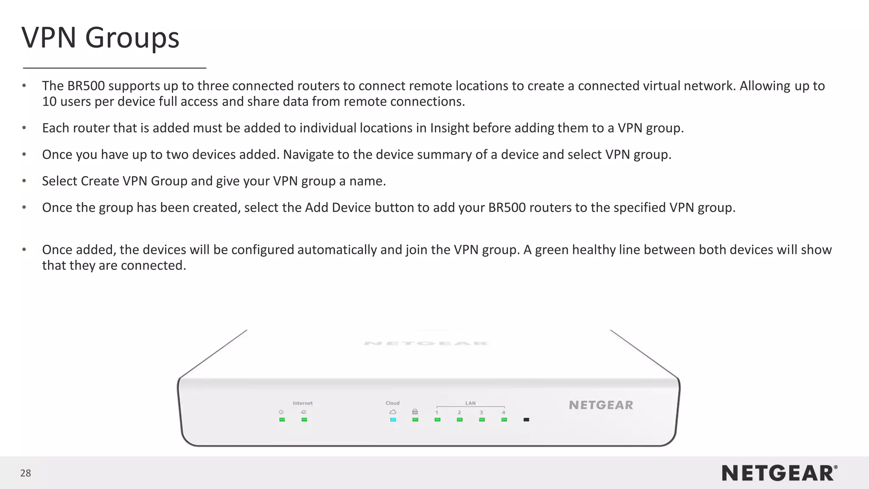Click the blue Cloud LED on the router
click(393, 420)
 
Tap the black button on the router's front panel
click(526, 420)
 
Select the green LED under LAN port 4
click(504, 420)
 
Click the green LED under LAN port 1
click(437, 420)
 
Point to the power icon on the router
click(281, 412)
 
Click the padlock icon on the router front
click(415, 412)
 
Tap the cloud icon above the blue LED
click(393, 412)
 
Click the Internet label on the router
click(303, 403)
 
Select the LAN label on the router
click(470, 403)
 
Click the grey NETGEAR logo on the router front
click(601, 405)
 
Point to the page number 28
click(25, 473)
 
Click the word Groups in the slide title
click(132, 38)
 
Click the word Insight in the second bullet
click(449, 128)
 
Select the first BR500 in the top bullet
click(86, 86)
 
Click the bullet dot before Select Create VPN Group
click(24, 181)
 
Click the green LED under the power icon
click(282, 420)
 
